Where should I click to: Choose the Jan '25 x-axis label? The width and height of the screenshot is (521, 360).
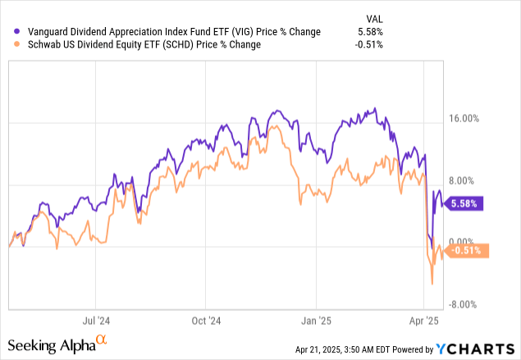[x=316, y=321]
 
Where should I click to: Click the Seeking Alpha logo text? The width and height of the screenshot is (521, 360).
[x=53, y=345]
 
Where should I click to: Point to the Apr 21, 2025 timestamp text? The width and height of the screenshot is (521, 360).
[x=345, y=349]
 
